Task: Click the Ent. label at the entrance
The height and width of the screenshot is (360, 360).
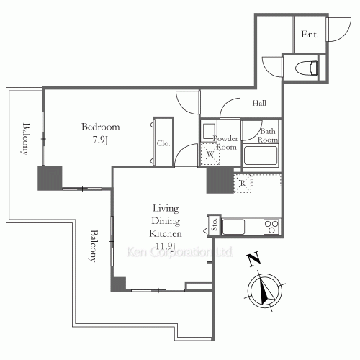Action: (x=310, y=34)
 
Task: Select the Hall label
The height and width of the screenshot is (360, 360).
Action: (x=259, y=104)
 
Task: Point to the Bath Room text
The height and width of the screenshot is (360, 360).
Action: (x=268, y=135)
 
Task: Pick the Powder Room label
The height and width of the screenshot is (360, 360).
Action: (x=225, y=142)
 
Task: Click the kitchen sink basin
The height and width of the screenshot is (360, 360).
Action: (x=235, y=228)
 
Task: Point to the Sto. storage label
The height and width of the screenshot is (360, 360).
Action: (x=214, y=226)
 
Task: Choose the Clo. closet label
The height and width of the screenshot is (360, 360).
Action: (x=163, y=143)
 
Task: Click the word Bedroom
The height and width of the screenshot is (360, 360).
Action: (x=100, y=127)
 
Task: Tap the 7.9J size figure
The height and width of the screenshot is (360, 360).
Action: (x=100, y=140)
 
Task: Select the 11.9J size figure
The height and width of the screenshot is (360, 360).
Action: (x=165, y=247)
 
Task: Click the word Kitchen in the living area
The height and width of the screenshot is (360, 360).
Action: (x=165, y=234)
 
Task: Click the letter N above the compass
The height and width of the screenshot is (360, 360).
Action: (x=251, y=260)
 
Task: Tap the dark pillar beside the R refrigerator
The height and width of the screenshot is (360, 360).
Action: (x=219, y=180)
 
